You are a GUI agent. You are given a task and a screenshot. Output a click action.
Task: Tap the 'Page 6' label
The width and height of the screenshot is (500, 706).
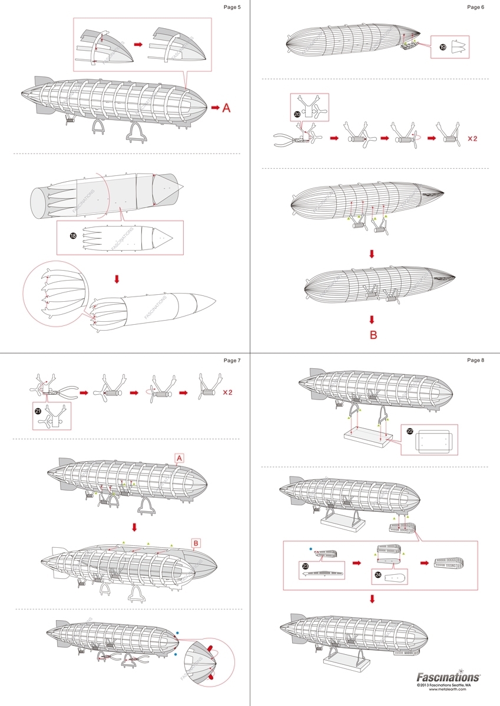(475, 7)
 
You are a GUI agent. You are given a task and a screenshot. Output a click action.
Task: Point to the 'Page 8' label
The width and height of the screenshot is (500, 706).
(475, 360)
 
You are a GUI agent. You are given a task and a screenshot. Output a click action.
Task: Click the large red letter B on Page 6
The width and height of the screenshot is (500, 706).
(373, 335)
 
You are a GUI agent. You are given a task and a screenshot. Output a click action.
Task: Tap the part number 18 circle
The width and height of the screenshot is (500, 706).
(73, 235)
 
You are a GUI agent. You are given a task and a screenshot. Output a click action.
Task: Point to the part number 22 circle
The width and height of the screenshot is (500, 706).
(410, 431)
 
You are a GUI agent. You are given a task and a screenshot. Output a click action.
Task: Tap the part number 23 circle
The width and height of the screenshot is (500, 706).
(305, 567)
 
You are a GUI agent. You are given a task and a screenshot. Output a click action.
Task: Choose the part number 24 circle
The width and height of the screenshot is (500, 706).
(378, 578)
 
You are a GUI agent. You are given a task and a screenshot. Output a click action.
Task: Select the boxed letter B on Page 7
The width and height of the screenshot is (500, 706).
(197, 542)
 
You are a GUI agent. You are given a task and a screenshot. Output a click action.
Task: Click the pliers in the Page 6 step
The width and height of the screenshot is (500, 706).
(287, 140)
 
